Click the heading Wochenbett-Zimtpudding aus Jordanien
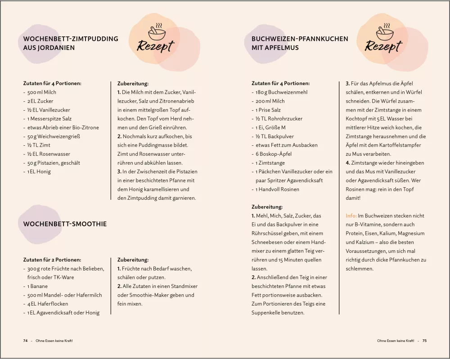point(71,43)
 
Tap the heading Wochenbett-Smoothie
point(65,224)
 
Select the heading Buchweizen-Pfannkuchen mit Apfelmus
point(300,43)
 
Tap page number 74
point(26,341)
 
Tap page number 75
point(424,341)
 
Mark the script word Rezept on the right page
point(383,46)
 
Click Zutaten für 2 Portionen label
point(52,260)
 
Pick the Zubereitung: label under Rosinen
point(267,207)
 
